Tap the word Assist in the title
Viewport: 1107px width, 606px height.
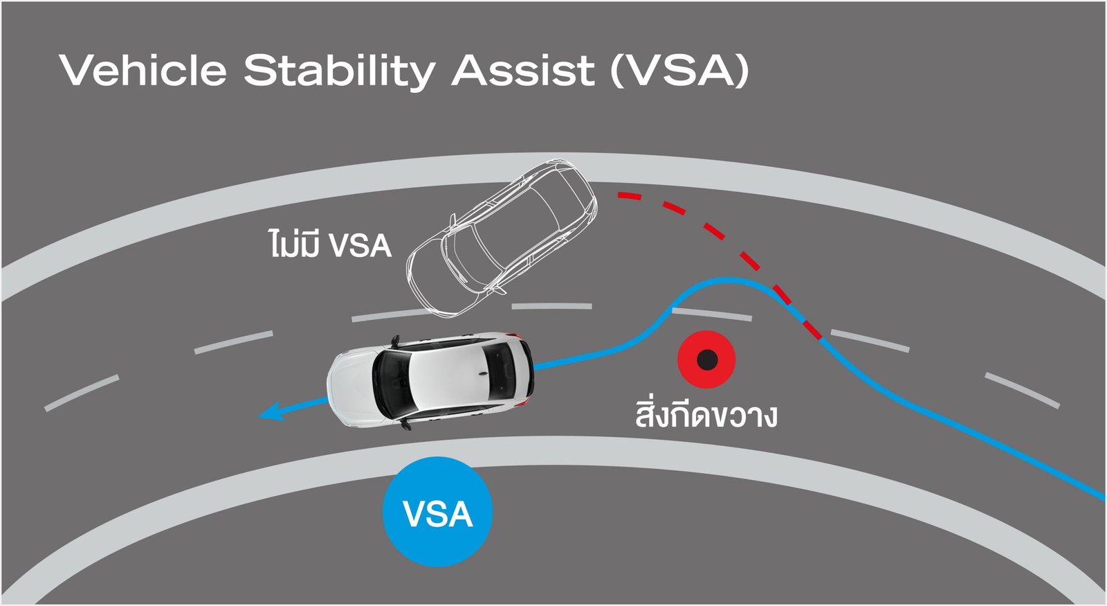tap(523, 70)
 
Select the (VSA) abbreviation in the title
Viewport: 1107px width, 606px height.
tap(680, 71)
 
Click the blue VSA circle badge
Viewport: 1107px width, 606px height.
tap(437, 513)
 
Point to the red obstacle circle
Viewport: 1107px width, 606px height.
tap(706, 359)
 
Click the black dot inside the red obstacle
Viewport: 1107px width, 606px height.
tap(706, 359)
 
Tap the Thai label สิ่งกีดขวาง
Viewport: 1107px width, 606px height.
tap(706, 414)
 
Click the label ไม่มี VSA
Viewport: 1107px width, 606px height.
tap(330, 244)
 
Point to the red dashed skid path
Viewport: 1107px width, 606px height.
tap(720, 235)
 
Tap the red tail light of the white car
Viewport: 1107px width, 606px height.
tap(529, 399)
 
